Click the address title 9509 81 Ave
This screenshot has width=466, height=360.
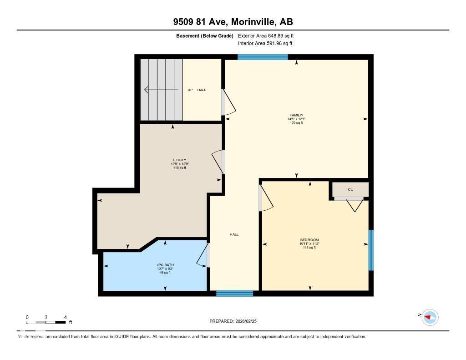233,21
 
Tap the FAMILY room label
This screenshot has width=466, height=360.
296,115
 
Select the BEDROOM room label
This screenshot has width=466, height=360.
309,240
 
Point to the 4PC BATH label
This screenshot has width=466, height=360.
165,265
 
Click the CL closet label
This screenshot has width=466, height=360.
350,189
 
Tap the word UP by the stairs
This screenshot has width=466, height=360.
190,90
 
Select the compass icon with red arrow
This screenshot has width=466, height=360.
430,317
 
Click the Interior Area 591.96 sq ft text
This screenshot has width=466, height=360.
265,44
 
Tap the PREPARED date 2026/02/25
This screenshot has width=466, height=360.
236,321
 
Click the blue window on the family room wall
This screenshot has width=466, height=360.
263,57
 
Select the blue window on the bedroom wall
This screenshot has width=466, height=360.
371,250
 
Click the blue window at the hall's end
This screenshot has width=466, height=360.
234,294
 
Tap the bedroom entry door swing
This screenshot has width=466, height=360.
265,198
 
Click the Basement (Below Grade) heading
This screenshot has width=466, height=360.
205,35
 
